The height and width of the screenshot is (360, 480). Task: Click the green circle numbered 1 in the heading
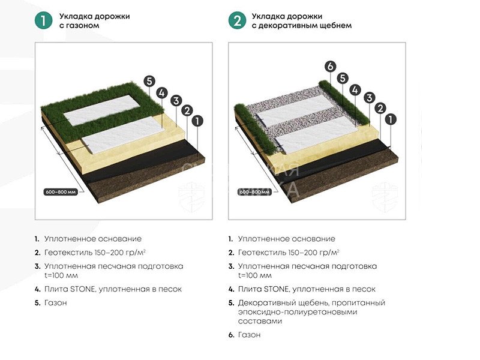click(43, 20)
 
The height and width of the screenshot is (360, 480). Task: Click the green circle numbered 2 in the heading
click(237, 20)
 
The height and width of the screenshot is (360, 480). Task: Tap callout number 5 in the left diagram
click(149, 81)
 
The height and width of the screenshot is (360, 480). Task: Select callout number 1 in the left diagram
click(197, 121)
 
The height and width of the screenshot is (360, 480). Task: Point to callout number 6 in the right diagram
click(330, 67)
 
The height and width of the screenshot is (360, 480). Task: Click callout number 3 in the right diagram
click(369, 98)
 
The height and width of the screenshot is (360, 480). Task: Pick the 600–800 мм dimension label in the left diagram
click(61, 192)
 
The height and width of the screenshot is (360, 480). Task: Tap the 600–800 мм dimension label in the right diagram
click(254, 192)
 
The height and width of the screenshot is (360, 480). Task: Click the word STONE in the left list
click(83, 289)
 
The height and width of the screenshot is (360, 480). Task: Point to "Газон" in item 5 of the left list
click(55, 303)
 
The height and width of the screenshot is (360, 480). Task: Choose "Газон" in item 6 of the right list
click(249, 335)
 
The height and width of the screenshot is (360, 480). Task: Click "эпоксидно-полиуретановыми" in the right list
click(298, 312)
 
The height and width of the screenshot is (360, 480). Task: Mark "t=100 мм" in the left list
click(61, 275)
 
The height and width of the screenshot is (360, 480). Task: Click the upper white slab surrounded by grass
click(102, 110)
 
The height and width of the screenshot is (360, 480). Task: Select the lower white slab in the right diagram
click(317, 136)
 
